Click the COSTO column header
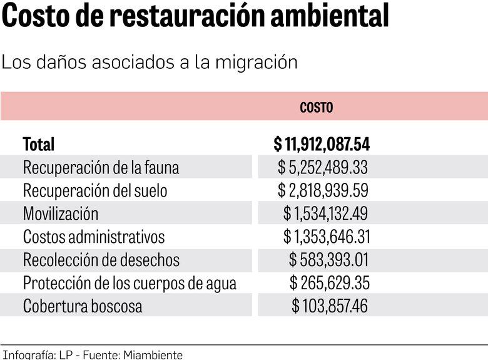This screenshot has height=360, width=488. (x=317, y=108)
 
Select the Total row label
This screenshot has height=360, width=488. (x=39, y=145)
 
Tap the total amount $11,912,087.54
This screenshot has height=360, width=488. (x=322, y=145)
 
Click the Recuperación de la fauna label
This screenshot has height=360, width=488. (x=101, y=168)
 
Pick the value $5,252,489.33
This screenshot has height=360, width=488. (x=323, y=168)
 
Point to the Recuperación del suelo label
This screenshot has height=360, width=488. (x=95, y=190)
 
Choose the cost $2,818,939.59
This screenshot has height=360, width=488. (x=323, y=190)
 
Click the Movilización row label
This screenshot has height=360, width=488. (x=61, y=213)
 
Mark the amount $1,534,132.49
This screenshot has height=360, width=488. (x=325, y=213)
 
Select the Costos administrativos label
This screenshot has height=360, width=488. (x=94, y=237)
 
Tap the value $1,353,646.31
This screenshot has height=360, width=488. (x=325, y=237)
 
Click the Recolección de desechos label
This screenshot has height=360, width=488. (x=101, y=260)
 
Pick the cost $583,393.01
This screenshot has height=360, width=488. (x=328, y=260)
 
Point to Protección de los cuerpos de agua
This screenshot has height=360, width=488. (x=130, y=283)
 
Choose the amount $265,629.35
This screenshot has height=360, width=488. (x=329, y=283)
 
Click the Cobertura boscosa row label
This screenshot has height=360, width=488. (x=83, y=306)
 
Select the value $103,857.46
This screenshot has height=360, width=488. (x=330, y=306)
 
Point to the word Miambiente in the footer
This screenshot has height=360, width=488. (x=153, y=355)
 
